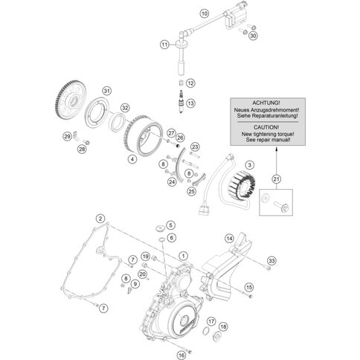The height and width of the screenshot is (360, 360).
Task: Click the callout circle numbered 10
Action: coord(205,13)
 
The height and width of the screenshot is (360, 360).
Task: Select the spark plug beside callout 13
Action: coord(181,101)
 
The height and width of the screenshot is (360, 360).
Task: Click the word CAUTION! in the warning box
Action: coord(266,127)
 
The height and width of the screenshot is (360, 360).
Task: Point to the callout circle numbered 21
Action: coord(276,179)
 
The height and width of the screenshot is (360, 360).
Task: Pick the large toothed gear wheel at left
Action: coord(71,100)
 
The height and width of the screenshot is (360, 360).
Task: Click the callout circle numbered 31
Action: coord(106,91)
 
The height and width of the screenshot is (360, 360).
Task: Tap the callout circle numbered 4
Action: coord(132,159)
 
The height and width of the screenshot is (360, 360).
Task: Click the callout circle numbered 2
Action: coord(100,219)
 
